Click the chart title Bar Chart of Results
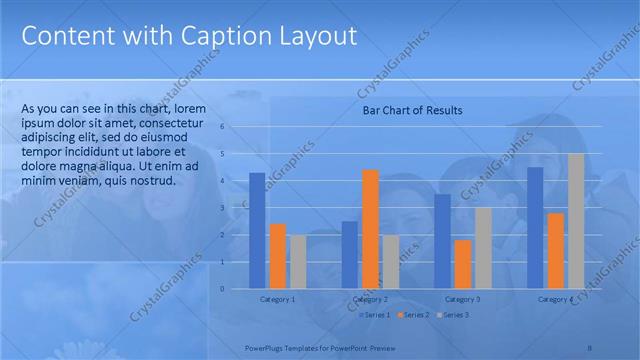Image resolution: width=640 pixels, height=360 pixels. point(411,111)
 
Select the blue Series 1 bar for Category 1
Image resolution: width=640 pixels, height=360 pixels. point(257,230)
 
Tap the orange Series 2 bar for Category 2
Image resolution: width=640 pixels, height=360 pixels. point(370,229)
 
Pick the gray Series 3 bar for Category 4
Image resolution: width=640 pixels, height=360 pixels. point(576,221)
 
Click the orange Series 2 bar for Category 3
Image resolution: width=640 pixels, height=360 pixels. point(463,264)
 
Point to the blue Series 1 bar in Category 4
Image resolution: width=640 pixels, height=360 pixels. point(535,227)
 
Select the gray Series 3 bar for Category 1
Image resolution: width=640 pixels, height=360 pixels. point(297,261)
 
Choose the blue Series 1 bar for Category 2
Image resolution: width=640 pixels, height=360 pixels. point(349,254)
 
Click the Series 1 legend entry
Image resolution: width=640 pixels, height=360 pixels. point(375,315)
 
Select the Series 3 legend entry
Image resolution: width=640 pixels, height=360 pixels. point(453,315)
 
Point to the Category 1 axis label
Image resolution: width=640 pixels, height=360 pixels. point(277,299)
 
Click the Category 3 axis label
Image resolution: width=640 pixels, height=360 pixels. point(463,299)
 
